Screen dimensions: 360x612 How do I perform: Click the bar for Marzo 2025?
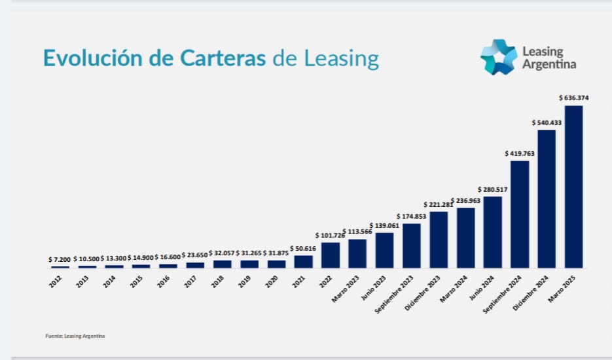click(573, 187)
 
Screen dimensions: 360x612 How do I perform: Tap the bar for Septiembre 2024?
click(520, 214)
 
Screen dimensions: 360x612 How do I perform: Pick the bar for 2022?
click(331, 255)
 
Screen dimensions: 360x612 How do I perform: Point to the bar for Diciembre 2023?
click(439, 240)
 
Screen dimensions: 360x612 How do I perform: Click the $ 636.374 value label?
click(573, 98)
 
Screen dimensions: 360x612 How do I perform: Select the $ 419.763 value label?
click(520, 153)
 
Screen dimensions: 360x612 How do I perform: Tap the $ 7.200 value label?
click(60, 260)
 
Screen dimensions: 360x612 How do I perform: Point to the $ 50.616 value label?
click(303, 249)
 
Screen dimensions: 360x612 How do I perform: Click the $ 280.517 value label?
click(493, 190)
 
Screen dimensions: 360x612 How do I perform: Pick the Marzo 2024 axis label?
click(453, 287)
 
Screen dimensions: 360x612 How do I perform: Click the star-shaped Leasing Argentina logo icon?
click(498, 57)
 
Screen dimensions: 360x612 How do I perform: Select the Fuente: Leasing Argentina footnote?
click(75, 336)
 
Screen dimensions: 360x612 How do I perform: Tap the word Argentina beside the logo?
click(549, 64)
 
